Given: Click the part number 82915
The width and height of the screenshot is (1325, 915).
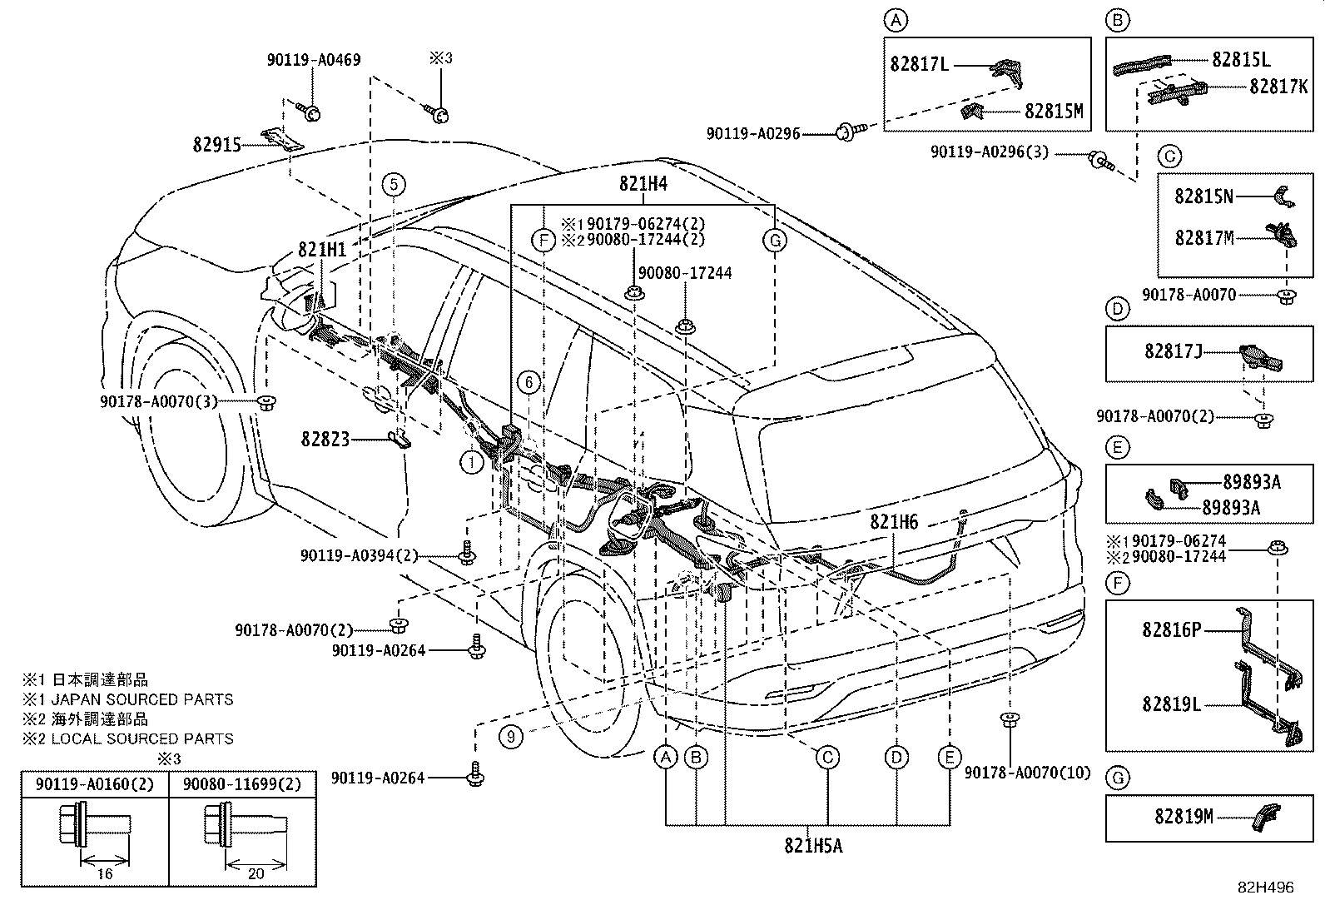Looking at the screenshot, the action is [x=217, y=145].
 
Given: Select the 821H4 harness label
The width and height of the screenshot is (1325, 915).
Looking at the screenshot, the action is [x=643, y=184].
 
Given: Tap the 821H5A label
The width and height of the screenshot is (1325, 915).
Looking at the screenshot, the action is [x=813, y=846].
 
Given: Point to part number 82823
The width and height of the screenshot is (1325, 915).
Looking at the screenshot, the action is [x=325, y=439].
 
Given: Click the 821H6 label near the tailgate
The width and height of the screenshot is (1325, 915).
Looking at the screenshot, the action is [x=894, y=521].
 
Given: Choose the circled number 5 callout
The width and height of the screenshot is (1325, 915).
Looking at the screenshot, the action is [x=394, y=185].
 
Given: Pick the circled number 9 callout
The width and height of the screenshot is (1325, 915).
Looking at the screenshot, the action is [x=511, y=737].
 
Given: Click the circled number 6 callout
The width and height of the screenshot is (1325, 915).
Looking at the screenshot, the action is [x=529, y=382].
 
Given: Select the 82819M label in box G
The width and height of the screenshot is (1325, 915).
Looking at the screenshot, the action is [x=1184, y=817].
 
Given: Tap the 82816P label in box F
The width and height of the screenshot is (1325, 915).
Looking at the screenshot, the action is [x=1171, y=630].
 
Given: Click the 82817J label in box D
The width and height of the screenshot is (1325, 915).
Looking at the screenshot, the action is [x=1174, y=351].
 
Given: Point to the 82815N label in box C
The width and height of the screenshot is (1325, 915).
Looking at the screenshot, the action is [x=1203, y=196].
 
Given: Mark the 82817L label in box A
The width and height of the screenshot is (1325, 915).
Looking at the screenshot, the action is [x=919, y=64].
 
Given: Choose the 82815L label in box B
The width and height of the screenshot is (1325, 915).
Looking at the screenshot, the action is [x=1241, y=59].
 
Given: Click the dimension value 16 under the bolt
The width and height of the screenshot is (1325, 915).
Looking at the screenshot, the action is [x=105, y=873].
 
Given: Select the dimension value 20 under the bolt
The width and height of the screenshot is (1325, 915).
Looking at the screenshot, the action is [x=256, y=873].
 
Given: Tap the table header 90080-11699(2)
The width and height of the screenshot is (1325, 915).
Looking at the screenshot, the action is [x=242, y=784].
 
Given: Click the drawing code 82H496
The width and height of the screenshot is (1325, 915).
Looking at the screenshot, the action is [x=1266, y=888].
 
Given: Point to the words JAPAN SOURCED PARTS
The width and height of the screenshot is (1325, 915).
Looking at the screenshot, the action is [x=142, y=699].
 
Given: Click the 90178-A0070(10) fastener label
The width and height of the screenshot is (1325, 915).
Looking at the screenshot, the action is [x=1028, y=773].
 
